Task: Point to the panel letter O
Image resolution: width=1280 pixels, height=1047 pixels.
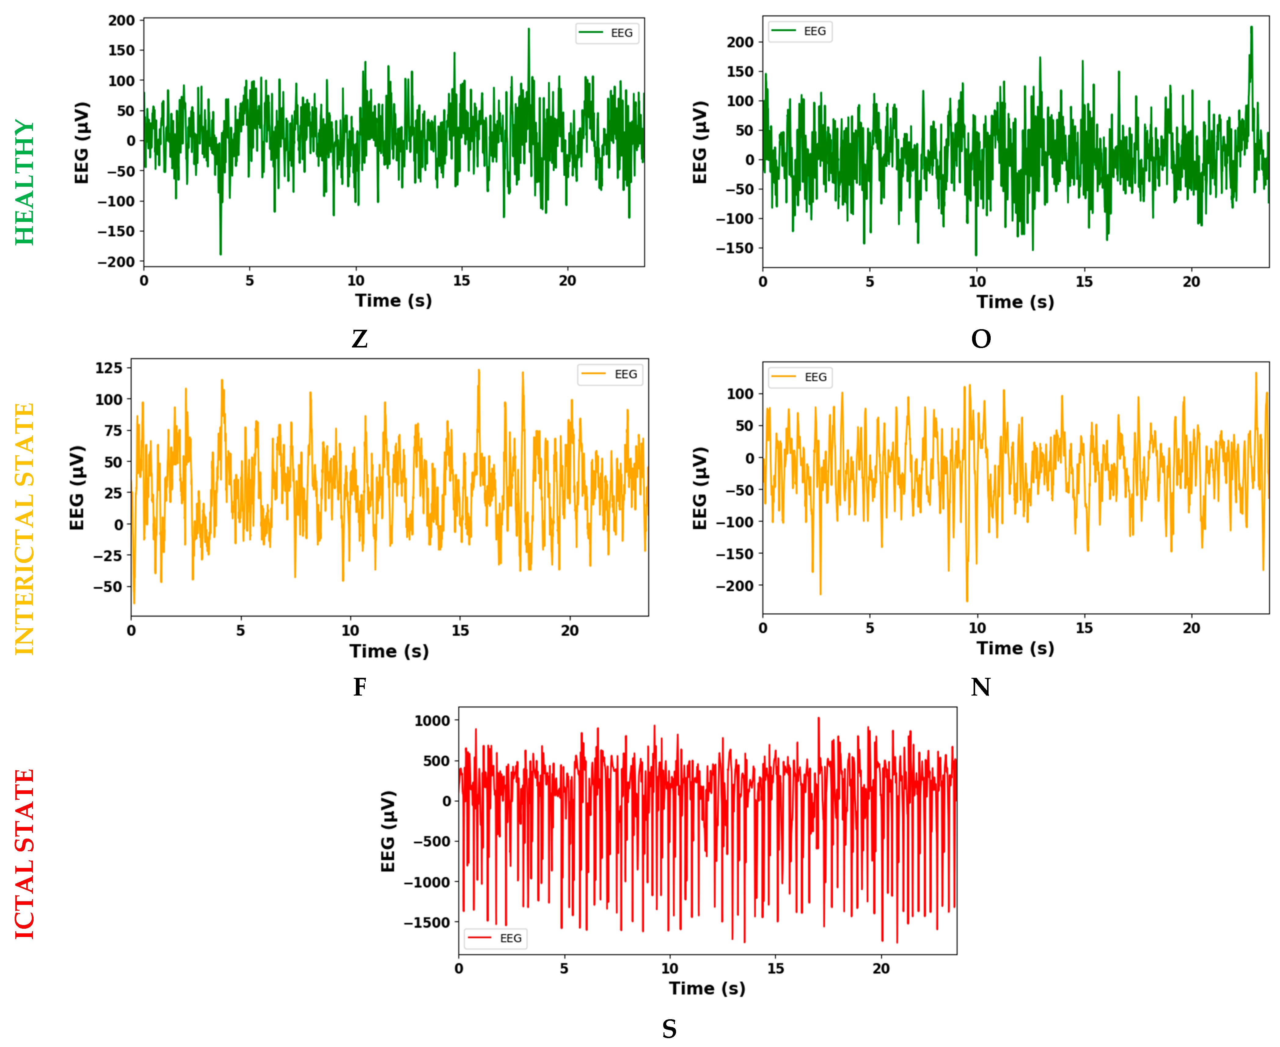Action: tap(981, 339)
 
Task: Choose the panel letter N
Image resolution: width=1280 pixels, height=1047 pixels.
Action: tap(981, 687)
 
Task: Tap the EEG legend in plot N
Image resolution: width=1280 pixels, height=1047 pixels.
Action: tap(800, 377)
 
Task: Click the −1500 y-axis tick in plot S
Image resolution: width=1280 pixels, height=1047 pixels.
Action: tap(427, 923)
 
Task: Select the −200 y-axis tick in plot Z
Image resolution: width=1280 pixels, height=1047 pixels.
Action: tap(116, 262)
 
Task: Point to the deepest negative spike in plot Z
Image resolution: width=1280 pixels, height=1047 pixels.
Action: tap(221, 254)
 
